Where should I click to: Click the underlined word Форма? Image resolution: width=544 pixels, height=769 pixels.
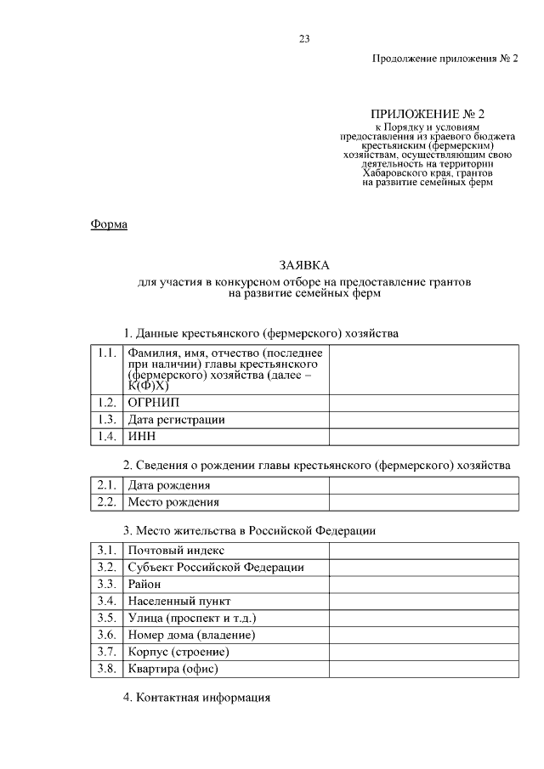[108, 224]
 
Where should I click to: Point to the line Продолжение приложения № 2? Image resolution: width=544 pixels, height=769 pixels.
[445, 59]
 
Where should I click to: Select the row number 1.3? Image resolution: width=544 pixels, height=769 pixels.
[106, 419]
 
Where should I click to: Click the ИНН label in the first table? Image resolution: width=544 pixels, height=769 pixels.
[140, 437]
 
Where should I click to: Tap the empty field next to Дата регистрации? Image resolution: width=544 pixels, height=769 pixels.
[422, 419]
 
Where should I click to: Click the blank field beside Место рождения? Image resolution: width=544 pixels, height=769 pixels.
[422, 502]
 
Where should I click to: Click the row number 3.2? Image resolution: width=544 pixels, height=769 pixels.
[106, 568]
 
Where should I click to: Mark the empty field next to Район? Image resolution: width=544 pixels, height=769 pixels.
[422, 585]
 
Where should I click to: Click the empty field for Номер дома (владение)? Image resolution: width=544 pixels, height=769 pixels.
[422, 636]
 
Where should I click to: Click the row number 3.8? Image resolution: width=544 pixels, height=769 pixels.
[106, 670]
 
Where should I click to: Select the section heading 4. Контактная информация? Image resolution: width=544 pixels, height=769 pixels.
[196, 698]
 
